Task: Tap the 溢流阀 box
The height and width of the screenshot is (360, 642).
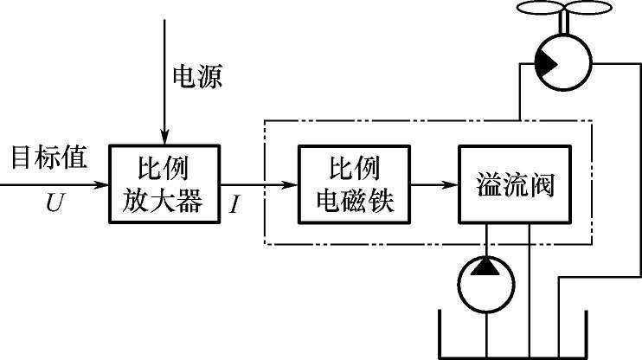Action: [514, 184]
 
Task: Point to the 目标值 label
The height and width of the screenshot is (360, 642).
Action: [48, 158]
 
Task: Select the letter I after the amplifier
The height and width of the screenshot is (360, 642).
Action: [235, 206]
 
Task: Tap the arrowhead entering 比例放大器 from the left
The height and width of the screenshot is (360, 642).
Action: [103, 183]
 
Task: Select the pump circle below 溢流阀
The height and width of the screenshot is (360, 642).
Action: [488, 283]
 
